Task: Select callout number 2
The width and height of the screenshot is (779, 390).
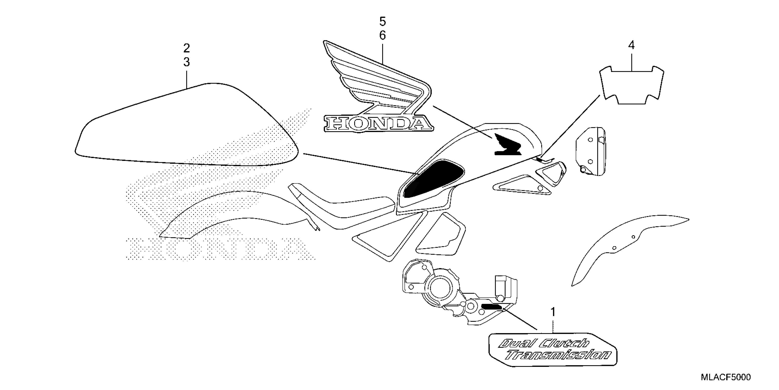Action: (x=187, y=48)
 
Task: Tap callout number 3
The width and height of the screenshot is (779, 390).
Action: (x=187, y=62)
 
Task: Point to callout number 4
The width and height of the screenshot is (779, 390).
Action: (x=631, y=45)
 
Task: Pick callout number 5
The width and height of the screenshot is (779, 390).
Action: (x=383, y=22)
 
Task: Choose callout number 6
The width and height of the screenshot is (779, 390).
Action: (x=383, y=36)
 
